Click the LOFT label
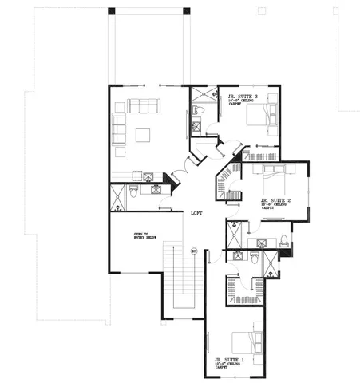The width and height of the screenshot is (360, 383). point(196,214)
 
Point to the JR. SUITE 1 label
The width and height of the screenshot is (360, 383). point(233,361)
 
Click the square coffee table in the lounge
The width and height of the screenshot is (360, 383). point(144,134)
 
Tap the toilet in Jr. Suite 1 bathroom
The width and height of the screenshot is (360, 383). point(255,259)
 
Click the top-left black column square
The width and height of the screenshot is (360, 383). point(112,11)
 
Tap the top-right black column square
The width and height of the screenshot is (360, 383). point(187,11)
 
